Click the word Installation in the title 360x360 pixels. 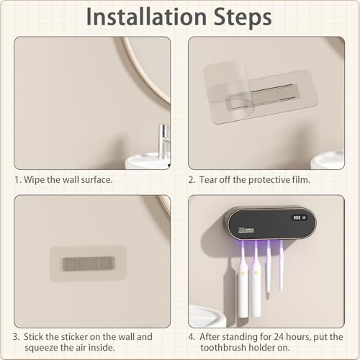[x=146, y=17]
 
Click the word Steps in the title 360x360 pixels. [x=243, y=17]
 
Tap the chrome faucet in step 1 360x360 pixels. [x=163, y=142]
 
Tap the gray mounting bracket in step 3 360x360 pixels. [x=89, y=264]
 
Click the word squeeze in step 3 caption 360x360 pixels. [x=40, y=348]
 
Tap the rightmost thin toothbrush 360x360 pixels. [x=281, y=266]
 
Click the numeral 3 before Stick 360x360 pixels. [x=16, y=337]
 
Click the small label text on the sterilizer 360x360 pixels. [x=246, y=230]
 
